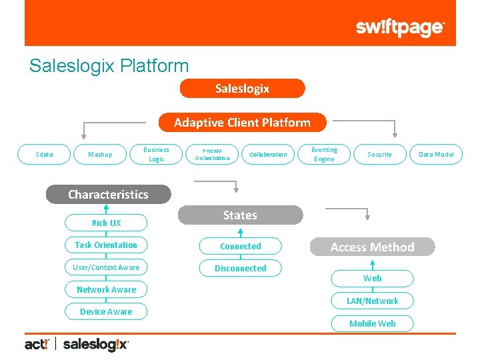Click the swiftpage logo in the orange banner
[399, 27]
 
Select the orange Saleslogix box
[242, 89]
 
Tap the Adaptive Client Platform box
[242, 122]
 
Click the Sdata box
[44, 155]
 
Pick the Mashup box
[100, 155]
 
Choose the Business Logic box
[156, 154]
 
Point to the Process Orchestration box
[212, 154]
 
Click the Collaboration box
[268, 155]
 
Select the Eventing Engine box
[324, 154]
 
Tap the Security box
[380, 155]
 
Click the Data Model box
[436, 155]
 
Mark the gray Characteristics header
[108, 195]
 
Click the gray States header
[240, 215]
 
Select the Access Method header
[372, 247]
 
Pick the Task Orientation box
[106, 245]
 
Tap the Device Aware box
[106, 312]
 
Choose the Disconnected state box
[240, 269]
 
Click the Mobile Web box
[372, 324]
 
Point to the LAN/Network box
[372, 301]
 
